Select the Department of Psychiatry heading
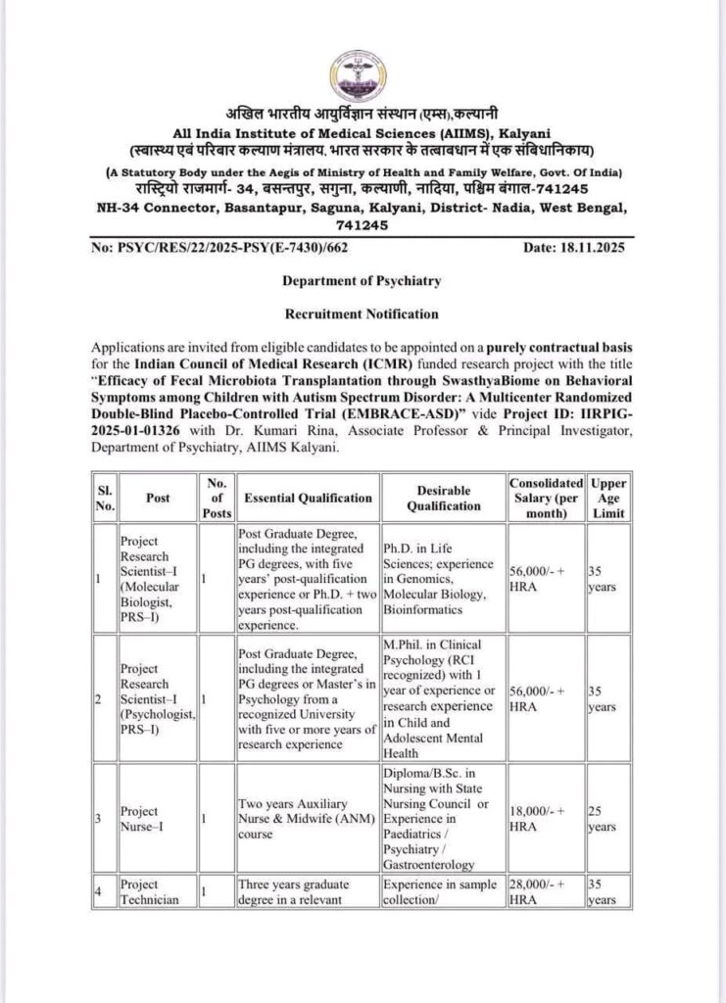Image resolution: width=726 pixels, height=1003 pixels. click(x=362, y=280)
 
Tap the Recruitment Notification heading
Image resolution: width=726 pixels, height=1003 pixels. click(x=362, y=313)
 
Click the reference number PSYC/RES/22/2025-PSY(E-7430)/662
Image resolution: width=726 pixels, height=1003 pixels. click(x=219, y=248)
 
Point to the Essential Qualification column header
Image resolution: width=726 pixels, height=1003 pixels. click(x=308, y=498)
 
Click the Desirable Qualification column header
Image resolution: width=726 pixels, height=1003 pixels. click(x=443, y=498)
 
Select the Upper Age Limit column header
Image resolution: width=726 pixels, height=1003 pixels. click(x=608, y=498)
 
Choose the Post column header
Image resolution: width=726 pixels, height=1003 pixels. click(x=158, y=498)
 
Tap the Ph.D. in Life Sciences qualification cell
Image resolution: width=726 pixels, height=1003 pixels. click(x=443, y=579)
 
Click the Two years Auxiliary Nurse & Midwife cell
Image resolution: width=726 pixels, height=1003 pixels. click(x=306, y=819)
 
